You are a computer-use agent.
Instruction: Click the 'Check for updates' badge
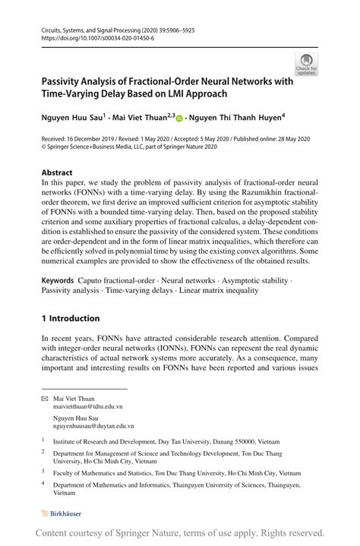pos(307,65)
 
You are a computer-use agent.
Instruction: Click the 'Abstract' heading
pos(57,172)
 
